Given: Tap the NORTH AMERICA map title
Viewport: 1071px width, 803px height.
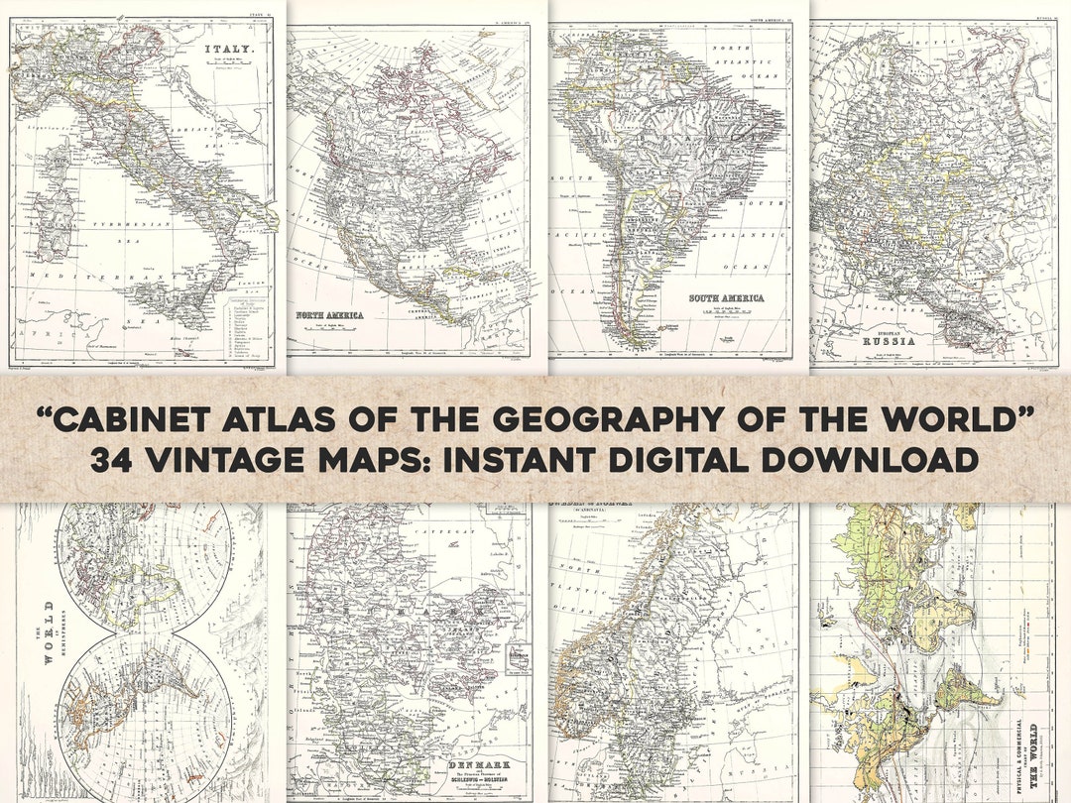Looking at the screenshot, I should [329, 315].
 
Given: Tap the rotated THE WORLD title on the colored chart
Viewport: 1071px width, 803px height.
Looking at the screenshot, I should [1033, 748].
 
